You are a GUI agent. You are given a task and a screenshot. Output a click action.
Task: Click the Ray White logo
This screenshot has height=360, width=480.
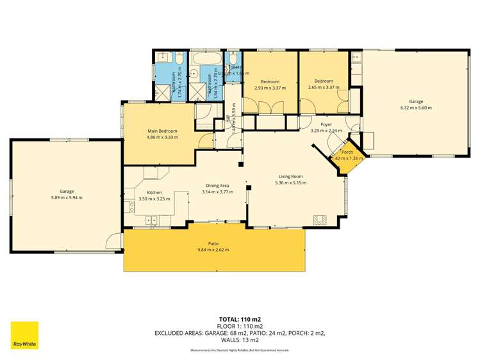24,335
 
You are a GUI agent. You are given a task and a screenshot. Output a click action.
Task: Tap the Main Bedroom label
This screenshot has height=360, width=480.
161,131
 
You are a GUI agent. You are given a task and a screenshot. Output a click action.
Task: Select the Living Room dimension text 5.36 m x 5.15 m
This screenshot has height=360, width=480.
290,183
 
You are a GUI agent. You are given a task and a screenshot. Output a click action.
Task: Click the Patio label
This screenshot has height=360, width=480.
213,243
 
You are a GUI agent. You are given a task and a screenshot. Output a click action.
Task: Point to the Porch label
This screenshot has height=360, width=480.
347,152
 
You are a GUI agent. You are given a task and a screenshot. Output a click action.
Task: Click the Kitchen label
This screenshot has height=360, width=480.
154,192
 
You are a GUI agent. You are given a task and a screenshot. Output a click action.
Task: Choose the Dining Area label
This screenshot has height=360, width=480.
217,185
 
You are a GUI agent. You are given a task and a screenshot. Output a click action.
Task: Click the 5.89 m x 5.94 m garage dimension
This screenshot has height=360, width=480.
67,197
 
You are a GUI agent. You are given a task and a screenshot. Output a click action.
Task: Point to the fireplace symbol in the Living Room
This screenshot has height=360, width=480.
320,220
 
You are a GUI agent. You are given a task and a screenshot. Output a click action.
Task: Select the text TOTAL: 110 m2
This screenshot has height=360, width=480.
240,319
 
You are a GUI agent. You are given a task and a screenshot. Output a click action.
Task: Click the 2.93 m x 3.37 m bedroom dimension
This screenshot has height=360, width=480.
270,88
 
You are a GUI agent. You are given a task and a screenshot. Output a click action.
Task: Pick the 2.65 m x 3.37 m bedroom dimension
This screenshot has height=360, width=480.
324,88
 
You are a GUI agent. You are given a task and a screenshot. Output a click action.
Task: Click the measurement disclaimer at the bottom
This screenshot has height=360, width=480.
240,350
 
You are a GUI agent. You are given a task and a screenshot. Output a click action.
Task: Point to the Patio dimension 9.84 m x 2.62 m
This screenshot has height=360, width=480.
213,250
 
